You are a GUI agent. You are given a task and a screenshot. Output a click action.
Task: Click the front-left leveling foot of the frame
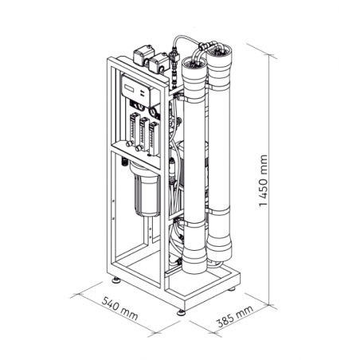116,280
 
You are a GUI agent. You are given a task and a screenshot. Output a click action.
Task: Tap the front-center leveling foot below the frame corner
182,310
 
